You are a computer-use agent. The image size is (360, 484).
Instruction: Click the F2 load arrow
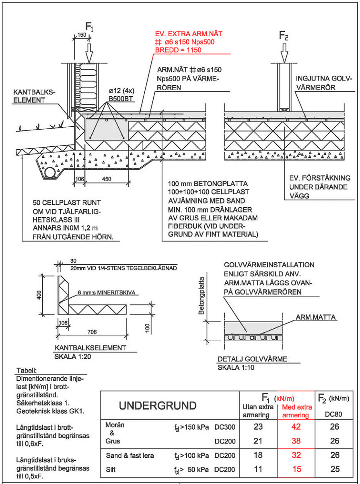coord(284,51)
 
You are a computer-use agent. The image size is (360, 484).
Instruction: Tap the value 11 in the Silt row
coord(258,470)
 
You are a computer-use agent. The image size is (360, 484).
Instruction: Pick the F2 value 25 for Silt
coord(335,470)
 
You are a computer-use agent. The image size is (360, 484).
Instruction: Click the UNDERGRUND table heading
coord(158,406)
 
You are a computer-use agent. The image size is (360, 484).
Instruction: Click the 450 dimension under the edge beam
coord(107,179)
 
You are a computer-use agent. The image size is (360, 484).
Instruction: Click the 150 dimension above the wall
coord(81,35)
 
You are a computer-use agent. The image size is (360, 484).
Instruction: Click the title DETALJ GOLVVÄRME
coord(252,360)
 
